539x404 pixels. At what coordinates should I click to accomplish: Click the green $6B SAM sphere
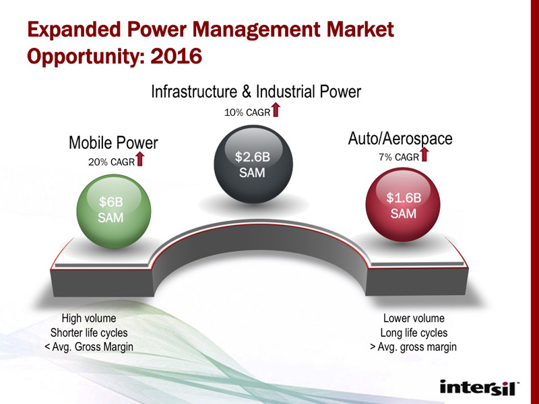click(113, 211)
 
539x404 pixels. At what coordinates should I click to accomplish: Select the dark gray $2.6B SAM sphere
click(253, 164)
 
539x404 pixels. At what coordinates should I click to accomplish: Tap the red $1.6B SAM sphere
click(403, 205)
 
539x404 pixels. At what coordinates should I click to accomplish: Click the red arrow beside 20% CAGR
click(140, 159)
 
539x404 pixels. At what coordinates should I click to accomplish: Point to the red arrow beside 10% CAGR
click(276, 110)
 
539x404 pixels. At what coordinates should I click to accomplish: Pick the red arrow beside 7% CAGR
click(424, 154)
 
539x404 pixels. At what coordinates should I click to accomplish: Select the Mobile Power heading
click(113, 143)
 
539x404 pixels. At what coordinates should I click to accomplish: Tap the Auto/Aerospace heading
click(400, 139)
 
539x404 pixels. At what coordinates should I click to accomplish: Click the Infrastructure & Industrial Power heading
click(256, 92)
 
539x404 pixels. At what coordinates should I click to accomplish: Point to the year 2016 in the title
click(176, 56)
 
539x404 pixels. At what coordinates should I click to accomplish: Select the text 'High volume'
click(89, 318)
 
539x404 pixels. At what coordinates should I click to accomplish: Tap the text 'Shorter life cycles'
click(89, 333)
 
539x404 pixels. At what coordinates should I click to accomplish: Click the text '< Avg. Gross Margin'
click(89, 347)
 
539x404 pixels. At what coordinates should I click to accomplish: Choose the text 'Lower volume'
click(414, 318)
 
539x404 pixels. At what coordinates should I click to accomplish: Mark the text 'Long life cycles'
click(414, 333)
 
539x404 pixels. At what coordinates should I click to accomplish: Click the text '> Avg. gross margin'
click(413, 347)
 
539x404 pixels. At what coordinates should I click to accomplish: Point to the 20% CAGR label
click(111, 162)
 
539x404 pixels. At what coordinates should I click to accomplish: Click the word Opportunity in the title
click(86, 57)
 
